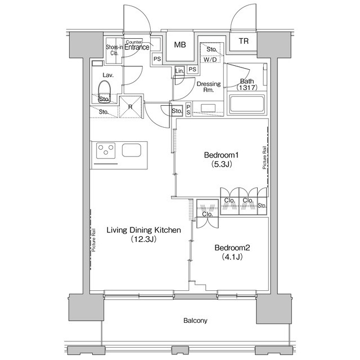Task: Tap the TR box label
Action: (x=243, y=42)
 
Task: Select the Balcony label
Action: (x=195, y=321)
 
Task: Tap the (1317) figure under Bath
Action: (x=247, y=88)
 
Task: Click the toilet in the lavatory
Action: (x=105, y=90)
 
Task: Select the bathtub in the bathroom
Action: (x=248, y=105)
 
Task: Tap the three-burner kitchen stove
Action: (x=105, y=151)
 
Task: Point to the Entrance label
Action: (x=137, y=48)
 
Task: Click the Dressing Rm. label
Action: (x=208, y=87)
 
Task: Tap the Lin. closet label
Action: (x=179, y=71)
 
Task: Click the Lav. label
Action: (x=109, y=74)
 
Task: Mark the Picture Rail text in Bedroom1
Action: (x=264, y=158)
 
